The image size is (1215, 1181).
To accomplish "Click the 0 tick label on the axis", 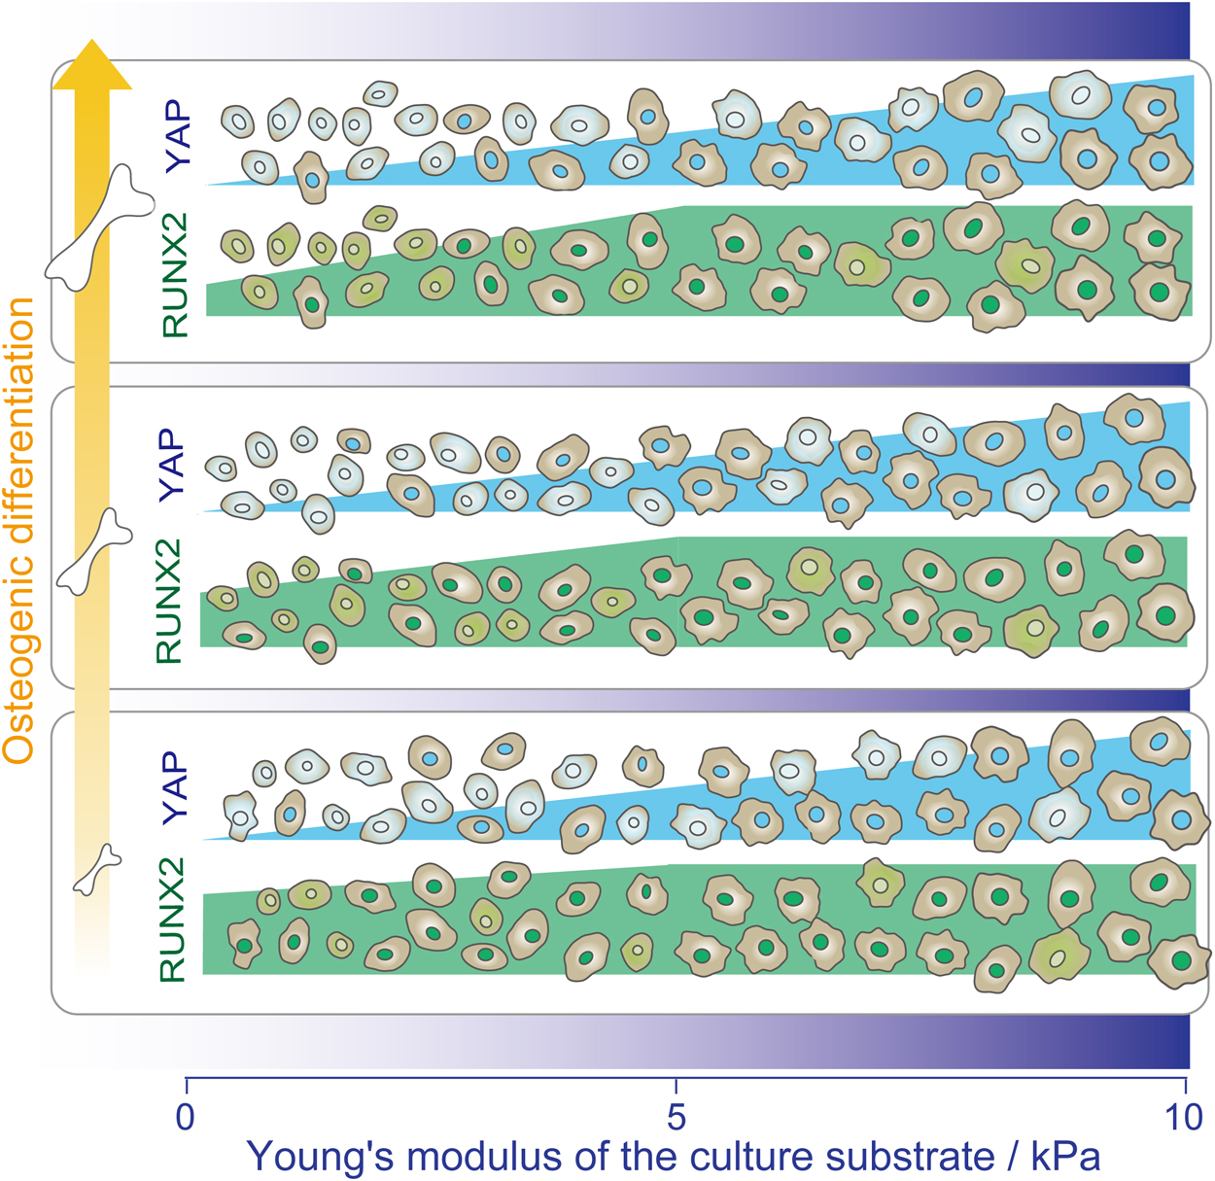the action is [186, 1117].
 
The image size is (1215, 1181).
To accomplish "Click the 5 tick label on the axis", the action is [677, 1117].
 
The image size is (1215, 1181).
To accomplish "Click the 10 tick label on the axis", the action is [1184, 1117].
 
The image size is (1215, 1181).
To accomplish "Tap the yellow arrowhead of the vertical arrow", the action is [92, 65].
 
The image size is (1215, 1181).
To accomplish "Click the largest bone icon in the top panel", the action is [100, 228].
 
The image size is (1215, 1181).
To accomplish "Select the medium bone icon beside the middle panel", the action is [94, 551].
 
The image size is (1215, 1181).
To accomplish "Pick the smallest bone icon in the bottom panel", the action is [97, 869].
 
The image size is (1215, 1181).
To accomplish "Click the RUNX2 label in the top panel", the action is [175, 275].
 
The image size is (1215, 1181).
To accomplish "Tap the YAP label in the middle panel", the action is [171, 465].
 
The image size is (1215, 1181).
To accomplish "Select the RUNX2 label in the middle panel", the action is [168, 601].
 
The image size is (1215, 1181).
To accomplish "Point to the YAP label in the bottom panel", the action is [174, 788].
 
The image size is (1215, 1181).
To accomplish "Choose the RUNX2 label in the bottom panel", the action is [172, 920].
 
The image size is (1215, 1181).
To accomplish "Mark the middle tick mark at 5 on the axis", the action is [676, 1086].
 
